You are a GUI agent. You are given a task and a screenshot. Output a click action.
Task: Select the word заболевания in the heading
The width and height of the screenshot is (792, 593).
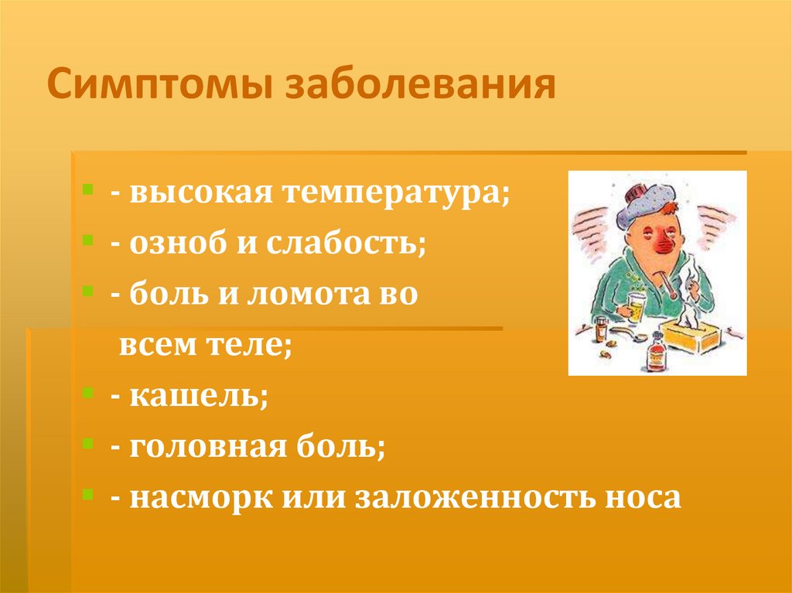(421, 87)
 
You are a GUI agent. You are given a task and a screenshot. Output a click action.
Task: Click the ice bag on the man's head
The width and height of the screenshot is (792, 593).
(647, 202)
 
